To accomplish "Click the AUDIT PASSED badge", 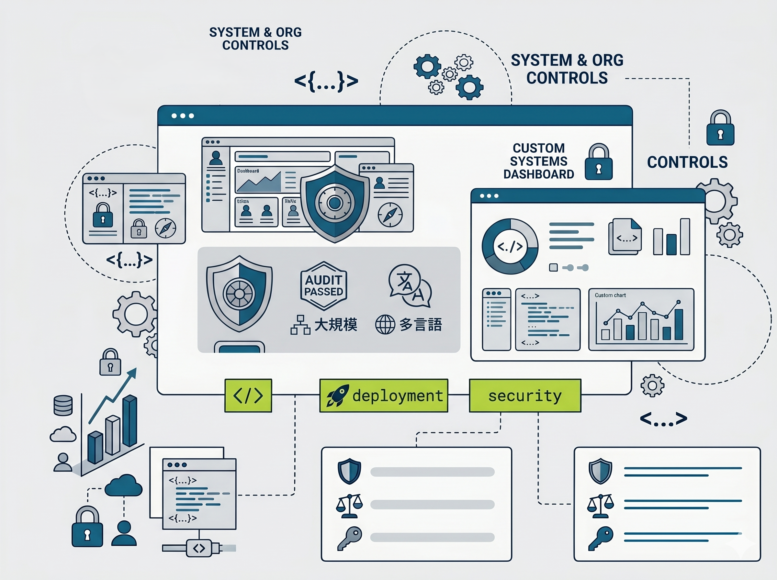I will (x=324, y=286).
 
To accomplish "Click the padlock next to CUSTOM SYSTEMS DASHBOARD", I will (x=599, y=162).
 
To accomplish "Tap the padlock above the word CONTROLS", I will (x=720, y=128).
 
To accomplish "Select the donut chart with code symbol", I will (x=510, y=246).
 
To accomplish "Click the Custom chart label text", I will (x=610, y=295).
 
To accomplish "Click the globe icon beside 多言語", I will (x=385, y=324).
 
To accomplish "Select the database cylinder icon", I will (x=63, y=405).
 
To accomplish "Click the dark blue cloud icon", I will (x=124, y=485).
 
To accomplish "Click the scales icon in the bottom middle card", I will (x=349, y=506).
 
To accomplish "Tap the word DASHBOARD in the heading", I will (x=539, y=174).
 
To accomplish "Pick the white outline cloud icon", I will (x=63, y=434).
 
